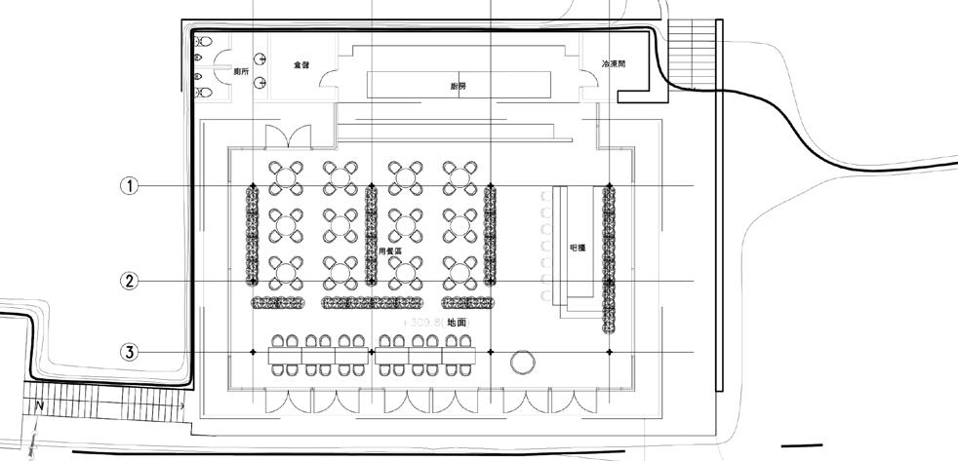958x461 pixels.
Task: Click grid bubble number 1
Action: pyautogui.click(x=129, y=185)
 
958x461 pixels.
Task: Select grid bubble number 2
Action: pyautogui.click(x=129, y=282)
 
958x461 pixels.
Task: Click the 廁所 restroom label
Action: pyautogui.click(x=240, y=72)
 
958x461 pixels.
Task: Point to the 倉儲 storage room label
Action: pyautogui.click(x=300, y=64)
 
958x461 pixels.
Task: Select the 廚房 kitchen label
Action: pyautogui.click(x=459, y=86)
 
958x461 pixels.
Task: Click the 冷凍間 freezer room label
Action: pyautogui.click(x=613, y=64)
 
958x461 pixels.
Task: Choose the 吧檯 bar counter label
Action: pyautogui.click(x=577, y=248)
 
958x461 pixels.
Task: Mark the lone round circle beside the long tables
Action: pyautogui.click(x=522, y=364)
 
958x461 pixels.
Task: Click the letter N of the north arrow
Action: pyautogui.click(x=39, y=403)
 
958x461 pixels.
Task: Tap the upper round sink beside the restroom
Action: pyautogui.click(x=259, y=58)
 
